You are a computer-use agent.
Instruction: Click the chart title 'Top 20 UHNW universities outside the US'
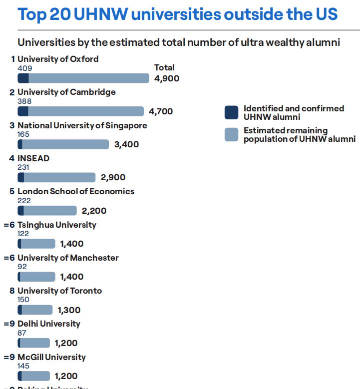click(177, 14)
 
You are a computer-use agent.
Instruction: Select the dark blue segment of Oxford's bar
click(23, 78)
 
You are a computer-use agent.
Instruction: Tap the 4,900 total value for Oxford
click(167, 78)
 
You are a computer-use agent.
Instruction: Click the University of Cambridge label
click(66, 92)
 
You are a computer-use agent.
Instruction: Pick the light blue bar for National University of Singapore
click(65, 144)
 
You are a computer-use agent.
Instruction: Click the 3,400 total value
click(126, 145)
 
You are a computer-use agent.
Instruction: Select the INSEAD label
click(33, 159)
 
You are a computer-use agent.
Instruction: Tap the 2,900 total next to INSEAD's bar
click(113, 178)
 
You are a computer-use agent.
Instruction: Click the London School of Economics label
click(76, 192)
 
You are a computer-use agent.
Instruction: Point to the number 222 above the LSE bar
click(24, 201)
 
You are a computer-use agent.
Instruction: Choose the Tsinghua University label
click(56, 225)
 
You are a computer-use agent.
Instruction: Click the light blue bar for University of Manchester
click(38, 277)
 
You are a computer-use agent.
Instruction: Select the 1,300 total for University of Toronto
click(69, 310)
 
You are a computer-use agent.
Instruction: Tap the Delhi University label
click(48, 324)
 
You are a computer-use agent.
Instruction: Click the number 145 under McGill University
click(23, 366)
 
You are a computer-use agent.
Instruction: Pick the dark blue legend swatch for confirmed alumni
click(231, 113)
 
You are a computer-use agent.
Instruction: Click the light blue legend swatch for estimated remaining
click(231, 135)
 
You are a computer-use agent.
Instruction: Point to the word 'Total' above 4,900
click(164, 67)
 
